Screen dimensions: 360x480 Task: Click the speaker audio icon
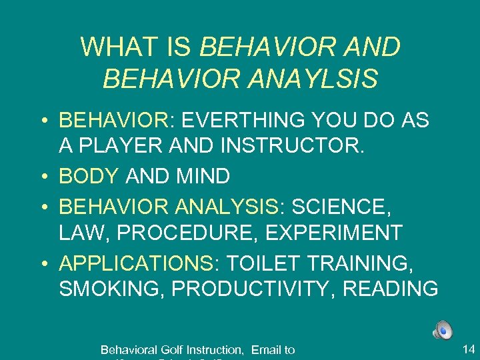[x=443, y=330]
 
